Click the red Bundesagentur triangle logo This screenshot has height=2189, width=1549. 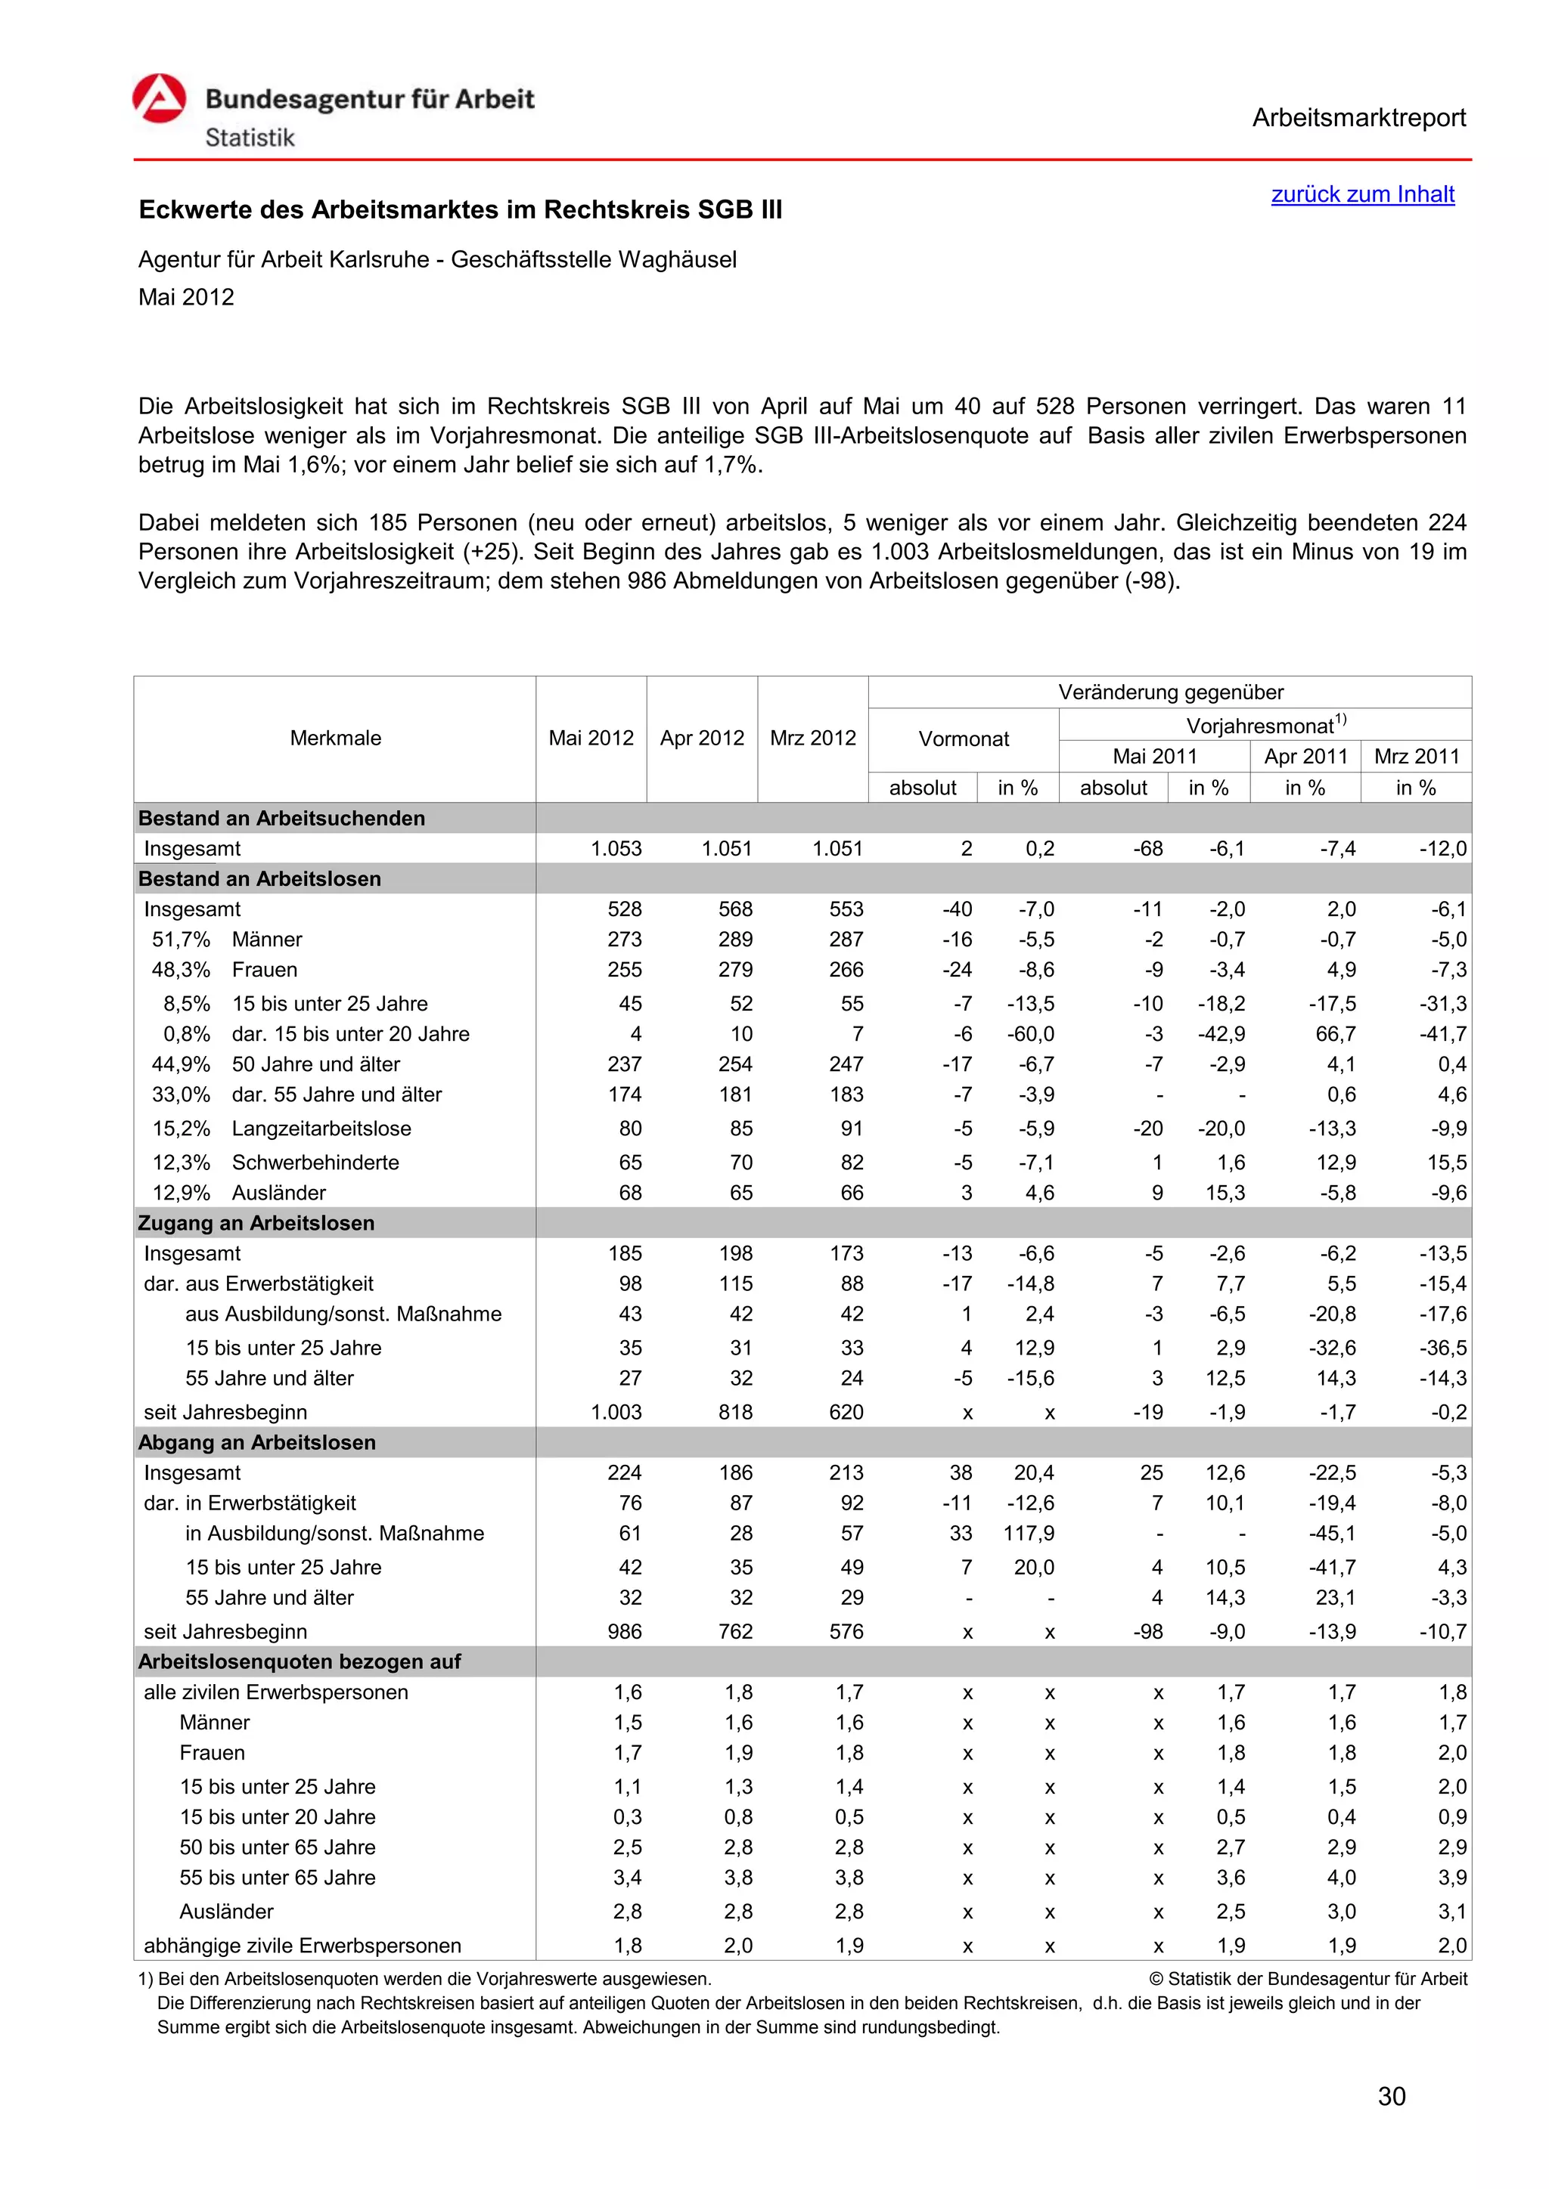[x=160, y=99]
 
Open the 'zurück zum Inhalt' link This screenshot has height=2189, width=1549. [x=1362, y=194]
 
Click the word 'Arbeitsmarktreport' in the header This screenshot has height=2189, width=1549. [x=1358, y=118]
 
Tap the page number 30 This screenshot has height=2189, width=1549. [x=1392, y=2097]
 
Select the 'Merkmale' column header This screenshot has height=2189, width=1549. [x=335, y=738]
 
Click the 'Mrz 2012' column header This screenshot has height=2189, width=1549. [x=812, y=738]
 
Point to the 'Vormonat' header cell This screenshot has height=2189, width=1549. [x=964, y=739]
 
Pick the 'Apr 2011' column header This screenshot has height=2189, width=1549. [x=1305, y=756]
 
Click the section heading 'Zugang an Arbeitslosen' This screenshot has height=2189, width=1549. [x=256, y=1223]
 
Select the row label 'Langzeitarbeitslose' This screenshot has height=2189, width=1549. [x=321, y=1129]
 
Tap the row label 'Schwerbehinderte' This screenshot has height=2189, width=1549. [x=315, y=1163]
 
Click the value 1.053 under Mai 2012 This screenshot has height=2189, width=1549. [x=616, y=849]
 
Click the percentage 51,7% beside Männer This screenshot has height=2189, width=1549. [x=182, y=940]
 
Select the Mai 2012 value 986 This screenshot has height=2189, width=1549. [x=625, y=1631]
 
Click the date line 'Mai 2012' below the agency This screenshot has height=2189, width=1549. [x=186, y=298]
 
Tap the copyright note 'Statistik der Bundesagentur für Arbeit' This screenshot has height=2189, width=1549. [x=1316, y=1980]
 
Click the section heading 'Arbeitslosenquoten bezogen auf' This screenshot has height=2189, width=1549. [x=300, y=1661]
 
